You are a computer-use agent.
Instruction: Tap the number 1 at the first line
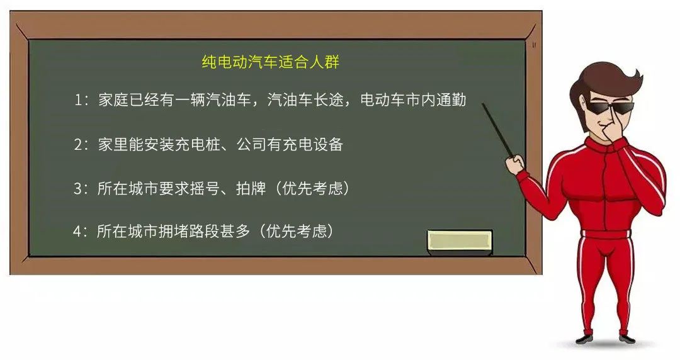(x=78, y=100)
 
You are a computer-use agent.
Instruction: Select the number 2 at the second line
(x=78, y=144)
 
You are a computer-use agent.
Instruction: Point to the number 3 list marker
(x=78, y=188)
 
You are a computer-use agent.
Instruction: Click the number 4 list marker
(x=77, y=231)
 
